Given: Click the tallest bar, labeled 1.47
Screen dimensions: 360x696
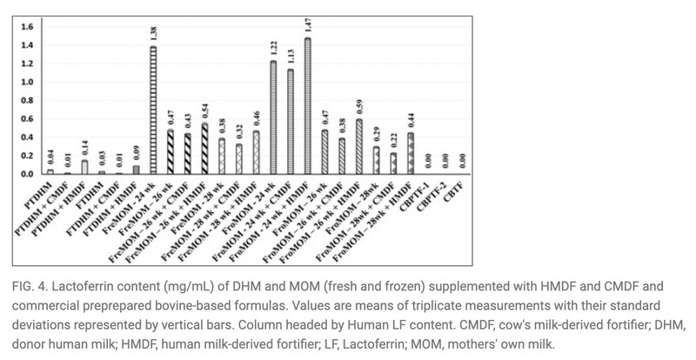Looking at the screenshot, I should coord(308,106).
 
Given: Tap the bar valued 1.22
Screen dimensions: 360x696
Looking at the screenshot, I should coord(273,118).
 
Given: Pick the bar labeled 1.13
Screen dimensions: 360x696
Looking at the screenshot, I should coord(291,122).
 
